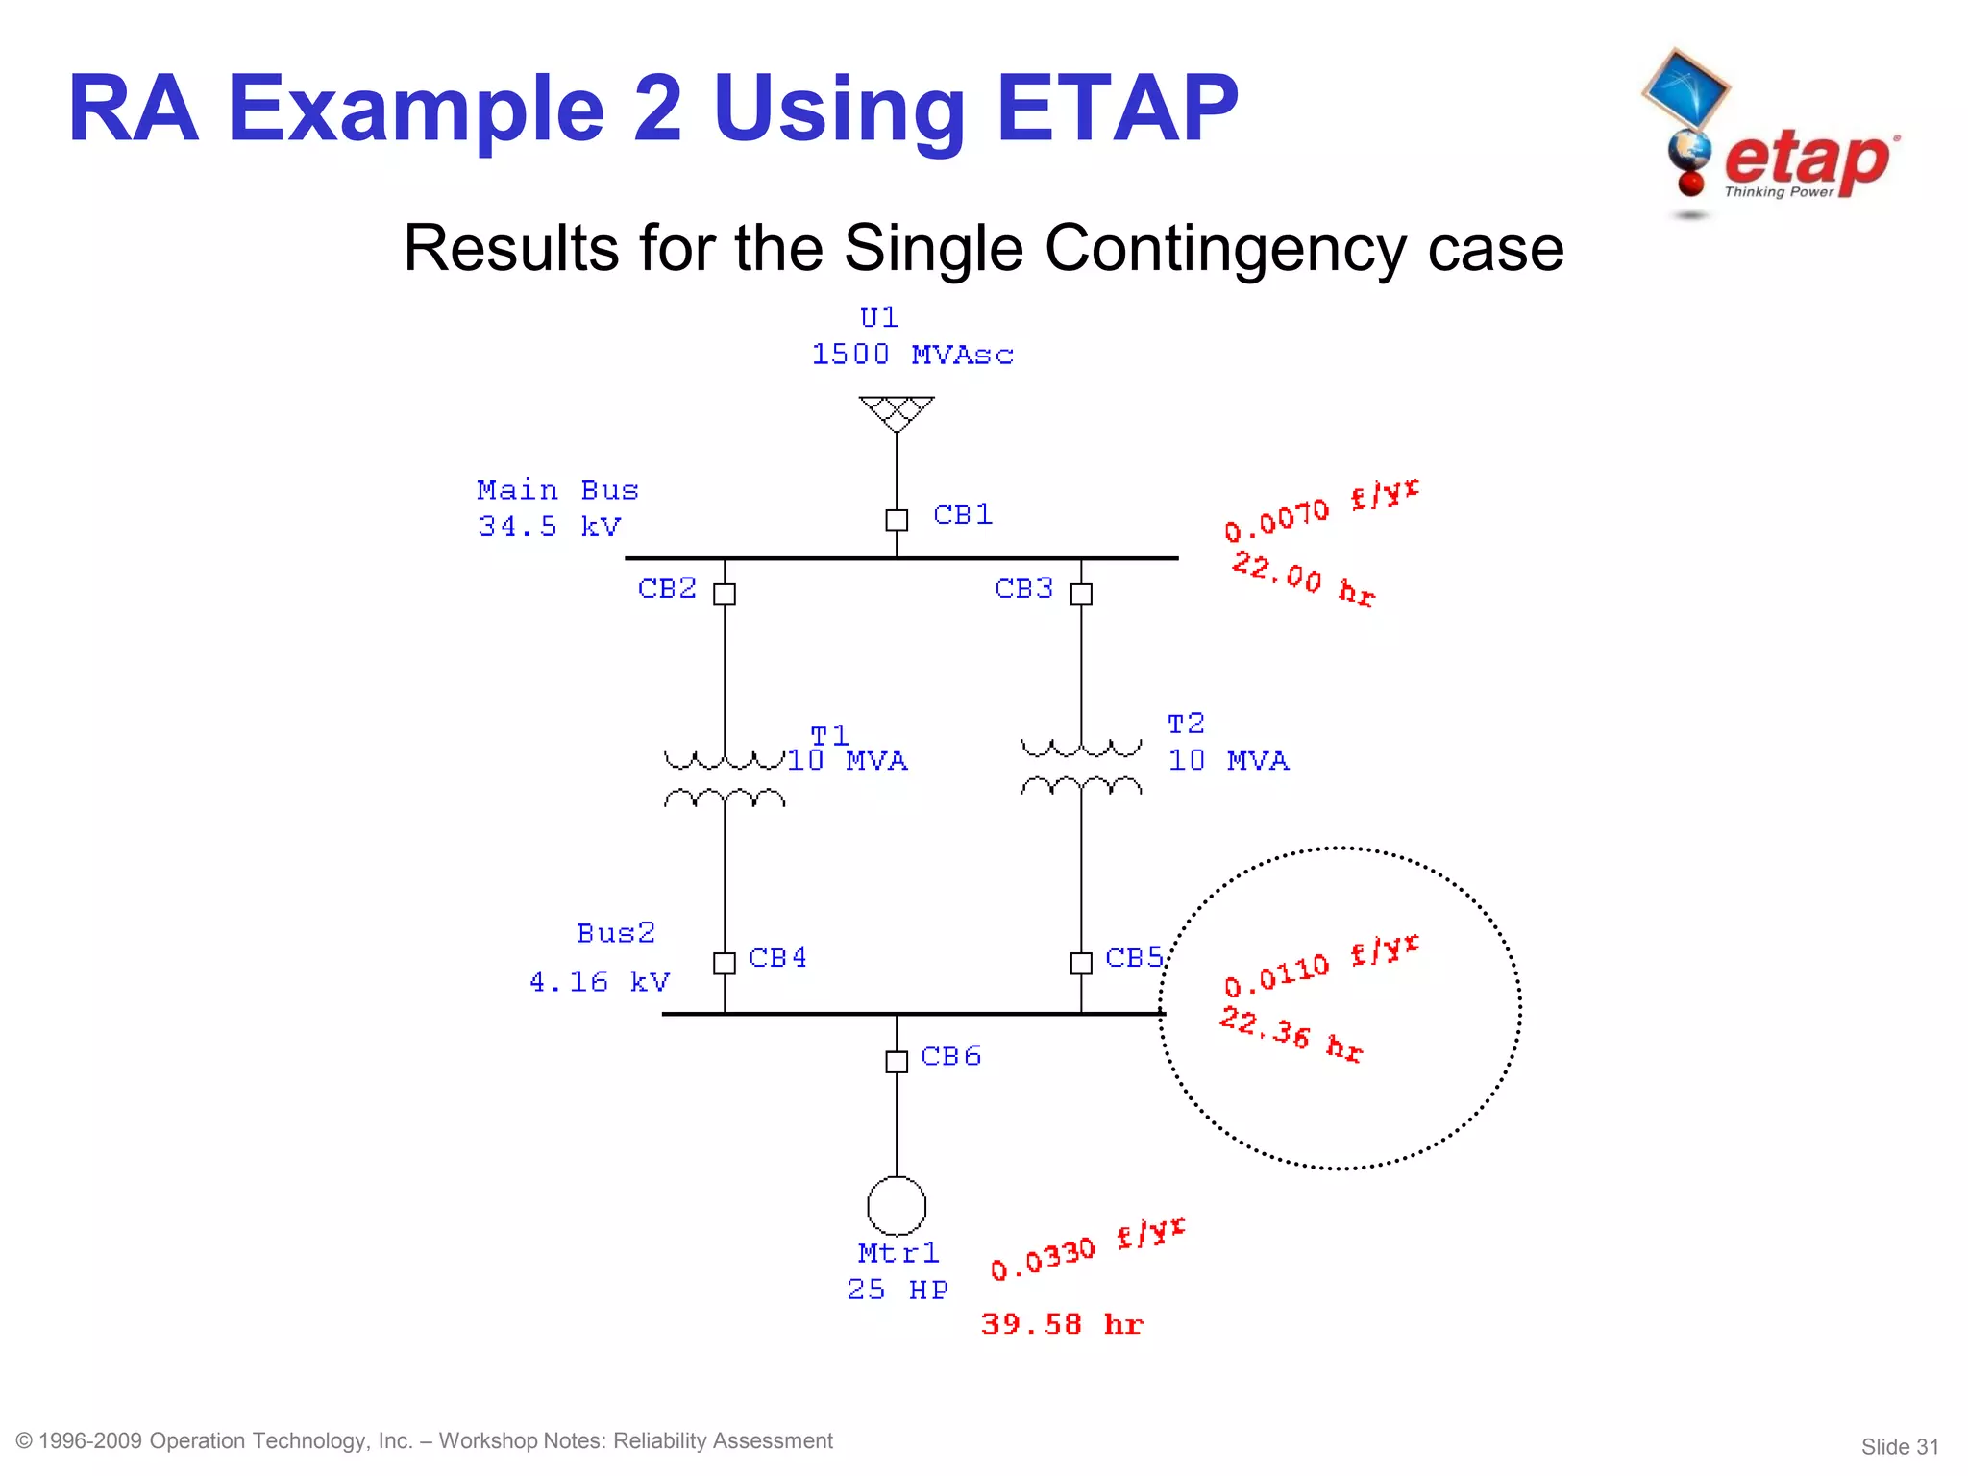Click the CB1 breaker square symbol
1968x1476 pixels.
pyautogui.click(x=897, y=520)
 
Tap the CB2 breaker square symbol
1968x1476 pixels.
pyautogui.click(x=725, y=594)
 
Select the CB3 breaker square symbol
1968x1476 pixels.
pyautogui.click(x=1081, y=594)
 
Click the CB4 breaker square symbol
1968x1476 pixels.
pyautogui.click(x=725, y=962)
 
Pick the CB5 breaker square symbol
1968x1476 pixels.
pyautogui.click(x=1081, y=962)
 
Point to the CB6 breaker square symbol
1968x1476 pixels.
pyautogui.click(x=897, y=1061)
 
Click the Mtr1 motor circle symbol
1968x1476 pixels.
pyautogui.click(x=897, y=1205)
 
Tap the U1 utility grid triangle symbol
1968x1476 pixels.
pyautogui.click(x=897, y=412)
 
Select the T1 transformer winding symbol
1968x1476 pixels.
pyautogui.click(x=725, y=779)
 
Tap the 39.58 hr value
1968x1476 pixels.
pyautogui.click(x=1062, y=1324)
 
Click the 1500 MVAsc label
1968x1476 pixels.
pyautogui.click(x=912, y=355)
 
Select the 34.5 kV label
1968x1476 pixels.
pyautogui.click(x=550, y=527)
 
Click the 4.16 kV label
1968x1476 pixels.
pyautogui.click(x=599, y=981)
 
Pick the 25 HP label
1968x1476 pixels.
pyautogui.click(x=897, y=1290)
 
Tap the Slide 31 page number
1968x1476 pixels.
pyautogui.click(x=1899, y=1446)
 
